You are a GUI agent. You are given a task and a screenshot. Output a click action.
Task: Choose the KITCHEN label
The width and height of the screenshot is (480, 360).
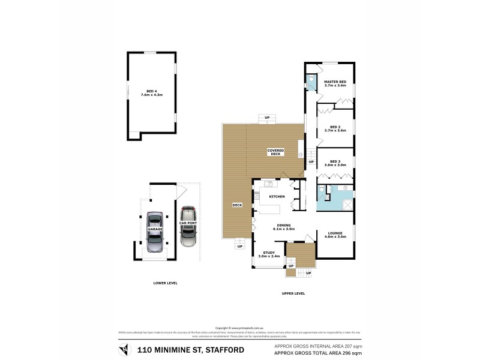point(276,197)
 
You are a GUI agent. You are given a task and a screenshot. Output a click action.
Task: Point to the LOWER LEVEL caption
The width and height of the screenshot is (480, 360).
point(164,283)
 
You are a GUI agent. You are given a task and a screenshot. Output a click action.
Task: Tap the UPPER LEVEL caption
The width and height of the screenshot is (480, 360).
point(293,293)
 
